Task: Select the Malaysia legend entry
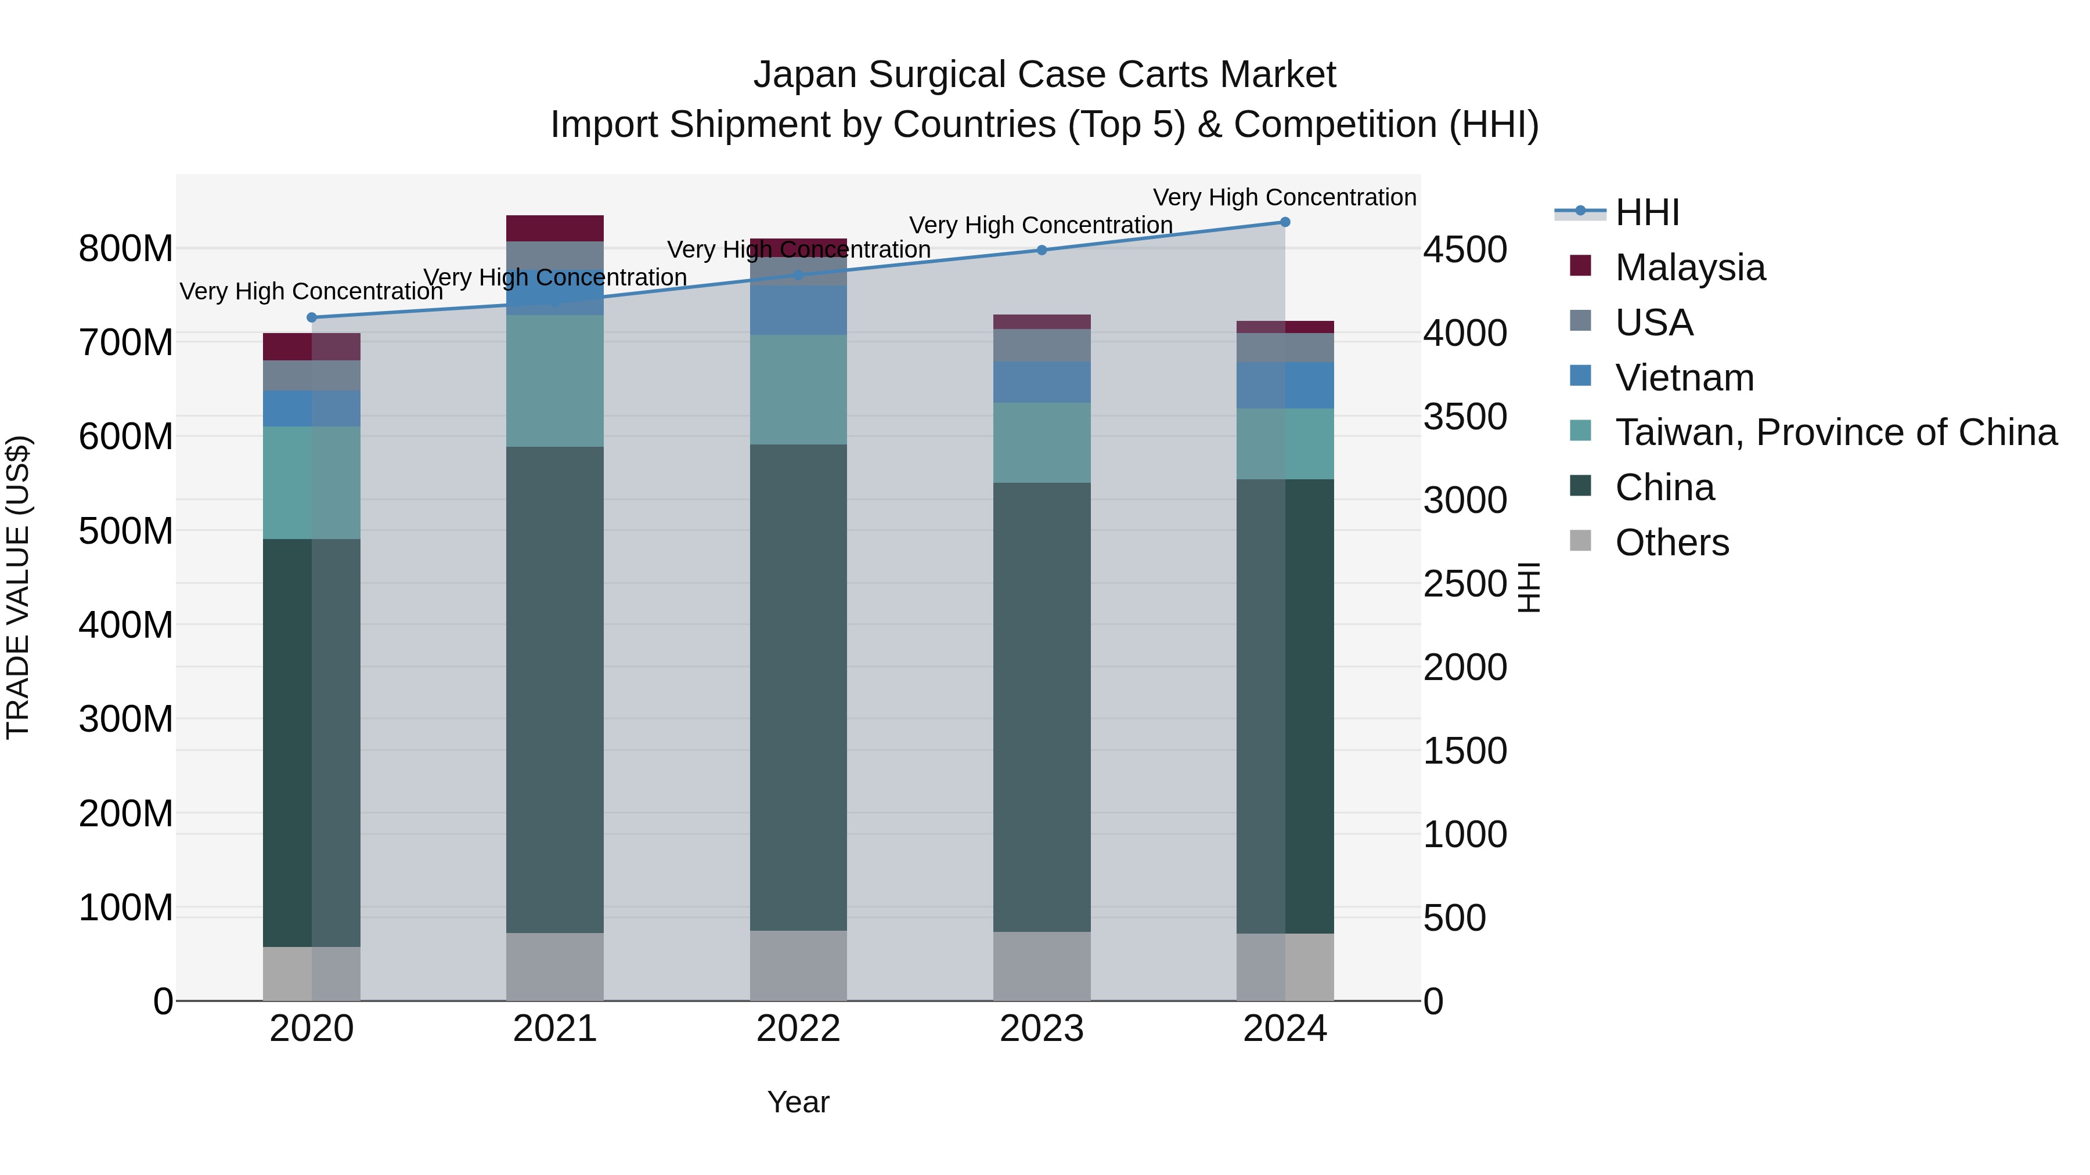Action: point(1689,267)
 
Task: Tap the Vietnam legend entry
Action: point(1684,378)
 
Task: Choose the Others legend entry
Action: point(1671,543)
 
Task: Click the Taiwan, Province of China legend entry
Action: point(1835,433)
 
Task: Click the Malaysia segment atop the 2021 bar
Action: point(554,229)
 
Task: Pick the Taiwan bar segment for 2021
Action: point(554,381)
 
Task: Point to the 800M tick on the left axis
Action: point(126,249)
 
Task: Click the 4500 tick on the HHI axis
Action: point(1465,250)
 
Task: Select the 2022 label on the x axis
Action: point(798,1029)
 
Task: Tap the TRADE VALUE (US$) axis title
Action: point(18,587)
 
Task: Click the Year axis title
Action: point(798,1102)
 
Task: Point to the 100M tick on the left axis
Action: point(126,908)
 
